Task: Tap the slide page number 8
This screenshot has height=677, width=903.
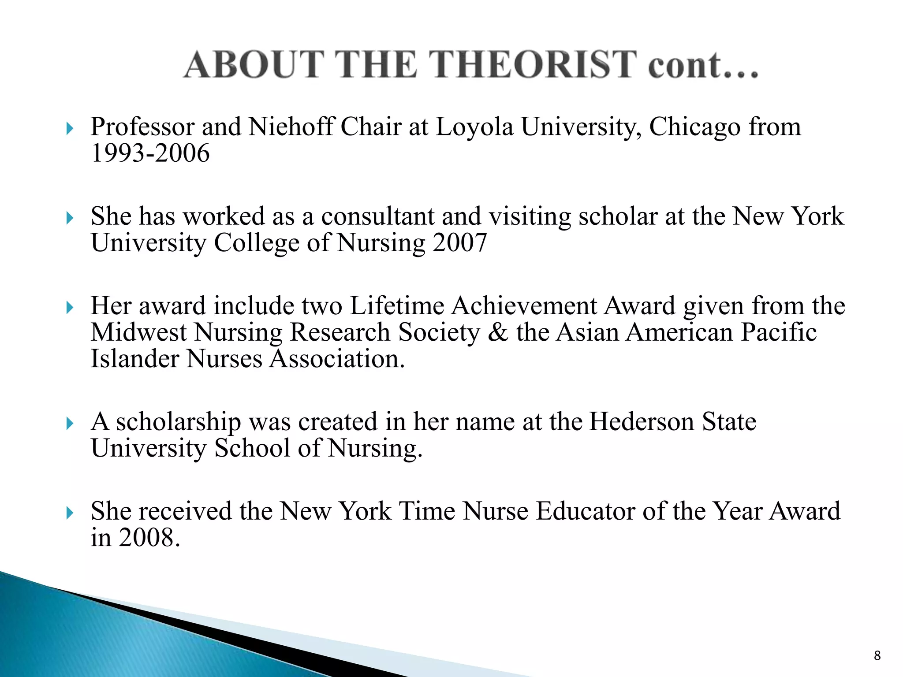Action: [x=877, y=655]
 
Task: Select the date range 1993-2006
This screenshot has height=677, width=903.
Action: [x=150, y=153]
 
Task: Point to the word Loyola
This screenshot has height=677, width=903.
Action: [x=474, y=127]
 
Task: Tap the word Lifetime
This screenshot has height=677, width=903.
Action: [x=397, y=305]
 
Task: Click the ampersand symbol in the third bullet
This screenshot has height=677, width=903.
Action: [x=498, y=332]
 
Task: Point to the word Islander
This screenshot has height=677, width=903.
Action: [x=134, y=359]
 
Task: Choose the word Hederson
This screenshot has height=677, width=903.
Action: [x=642, y=422]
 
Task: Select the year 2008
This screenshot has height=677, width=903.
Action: [x=149, y=538]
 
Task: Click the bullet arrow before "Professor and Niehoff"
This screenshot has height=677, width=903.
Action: [x=70, y=129]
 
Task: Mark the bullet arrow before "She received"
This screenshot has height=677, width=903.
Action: [x=70, y=513]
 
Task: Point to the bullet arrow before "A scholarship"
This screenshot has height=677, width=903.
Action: [x=70, y=424]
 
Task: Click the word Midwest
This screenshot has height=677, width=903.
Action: [x=138, y=332]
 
